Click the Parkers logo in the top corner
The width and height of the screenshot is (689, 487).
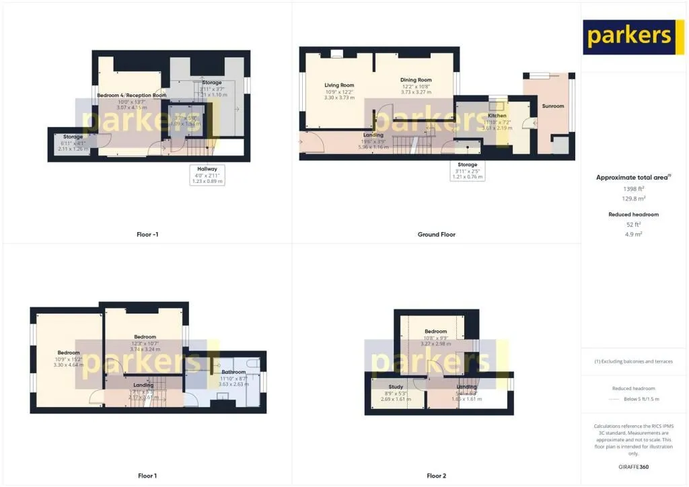point(628,36)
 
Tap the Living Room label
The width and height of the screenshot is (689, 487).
point(339,85)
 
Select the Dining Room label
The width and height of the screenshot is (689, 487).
point(415,80)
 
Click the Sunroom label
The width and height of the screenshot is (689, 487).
point(552,106)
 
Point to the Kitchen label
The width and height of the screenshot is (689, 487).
point(497,116)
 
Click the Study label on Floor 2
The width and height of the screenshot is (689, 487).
point(396,387)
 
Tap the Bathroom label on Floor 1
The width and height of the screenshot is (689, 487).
point(233,372)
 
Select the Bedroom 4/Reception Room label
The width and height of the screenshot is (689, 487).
point(131,96)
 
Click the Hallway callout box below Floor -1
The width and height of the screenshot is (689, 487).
point(207,175)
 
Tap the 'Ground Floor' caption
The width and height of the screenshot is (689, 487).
point(436,235)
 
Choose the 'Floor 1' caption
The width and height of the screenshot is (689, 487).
point(147,476)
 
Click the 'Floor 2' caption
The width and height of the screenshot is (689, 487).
point(436,476)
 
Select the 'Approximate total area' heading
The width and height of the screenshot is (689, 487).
point(632,178)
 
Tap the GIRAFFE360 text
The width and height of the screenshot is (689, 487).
point(633,467)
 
